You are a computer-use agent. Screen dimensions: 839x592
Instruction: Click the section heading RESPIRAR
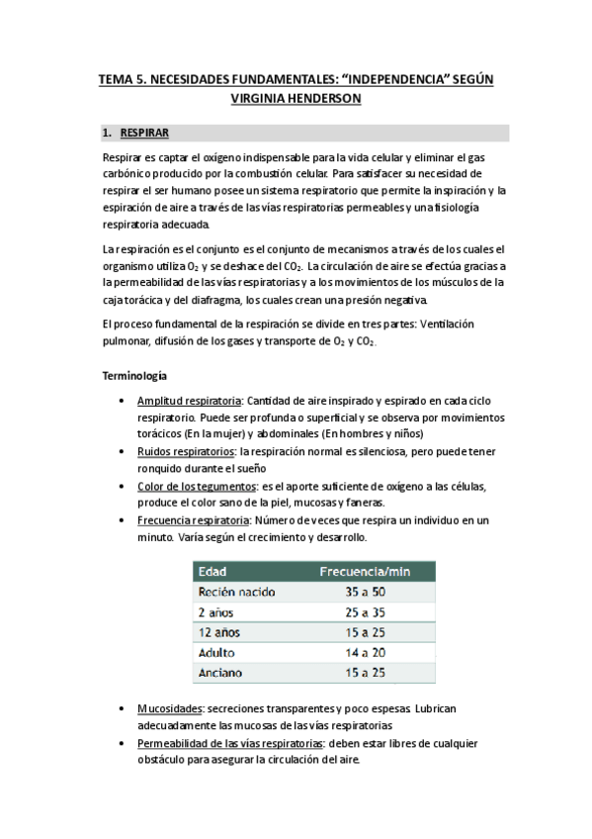point(143,132)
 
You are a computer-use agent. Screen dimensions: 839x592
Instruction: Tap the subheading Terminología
point(135,375)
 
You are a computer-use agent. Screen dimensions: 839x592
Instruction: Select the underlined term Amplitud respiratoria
point(190,401)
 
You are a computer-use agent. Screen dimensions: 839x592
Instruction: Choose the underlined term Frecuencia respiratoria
point(194,519)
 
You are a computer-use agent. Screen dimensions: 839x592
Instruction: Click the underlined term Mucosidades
point(171,709)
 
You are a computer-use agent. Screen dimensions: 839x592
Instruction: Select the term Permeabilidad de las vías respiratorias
point(230,743)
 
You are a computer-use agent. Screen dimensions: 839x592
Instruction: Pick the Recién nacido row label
point(236,592)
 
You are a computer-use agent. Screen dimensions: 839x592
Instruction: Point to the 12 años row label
point(219,631)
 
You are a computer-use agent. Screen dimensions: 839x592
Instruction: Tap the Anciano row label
point(221,673)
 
